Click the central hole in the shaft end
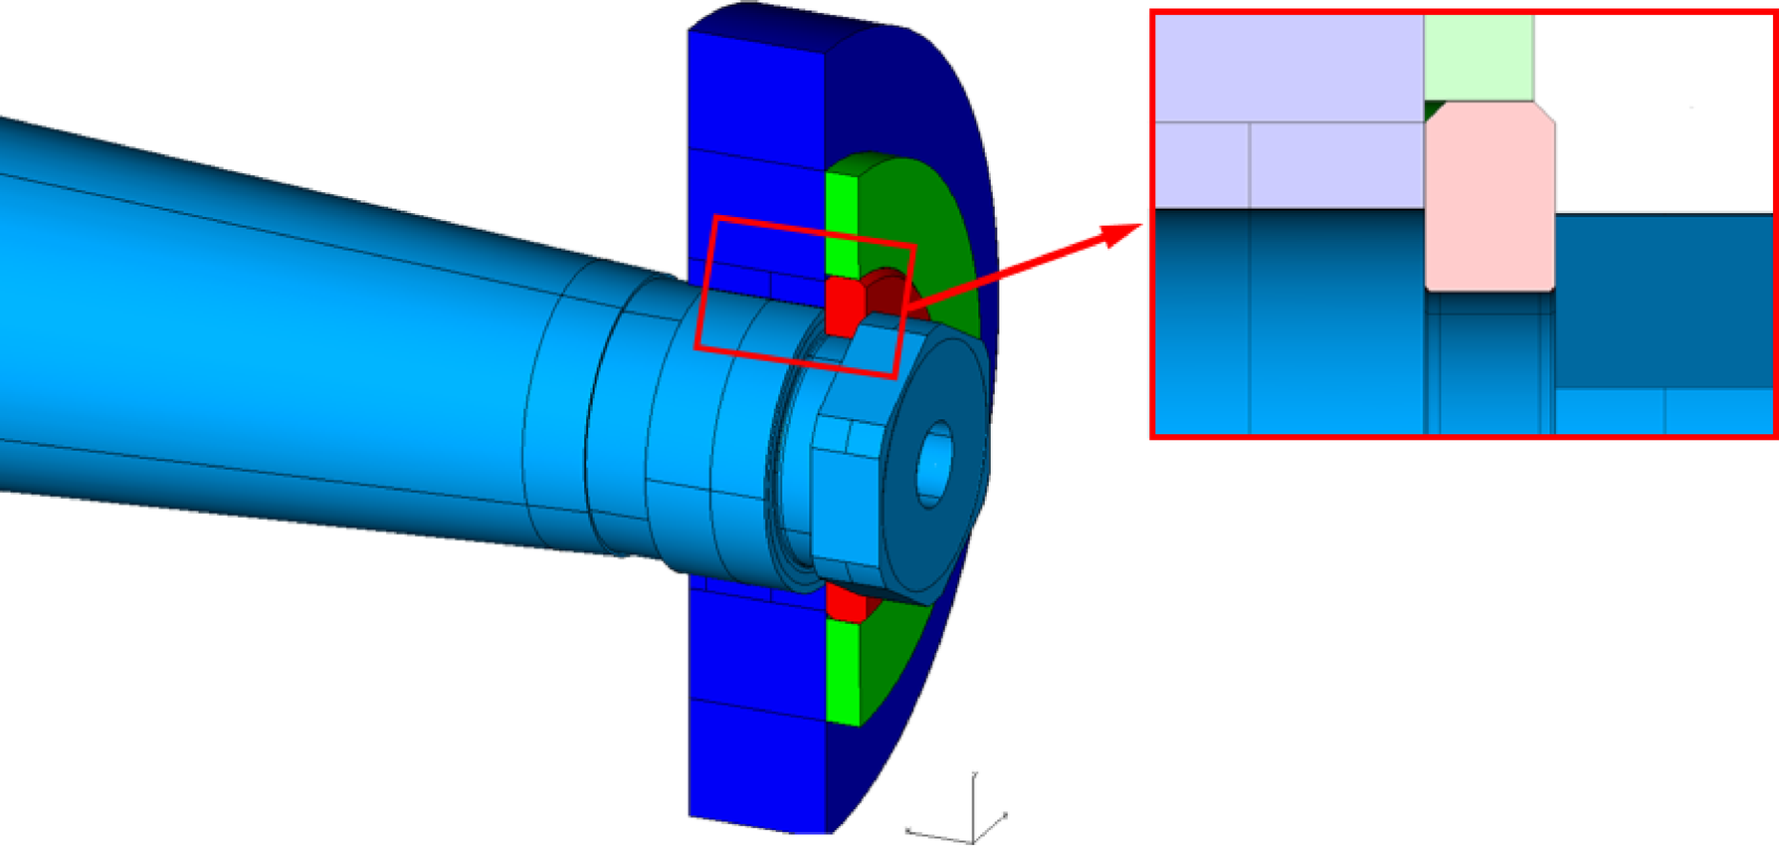pyautogui.click(x=934, y=464)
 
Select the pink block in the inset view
pyautogui.click(x=1488, y=199)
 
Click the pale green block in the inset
pyautogui.click(x=1478, y=58)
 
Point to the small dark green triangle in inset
pyautogui.click(x=1433, y=108)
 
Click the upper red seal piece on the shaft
pyautogui.click(x=842, y=305)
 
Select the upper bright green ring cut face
pyautogui.click(x=841, y=225)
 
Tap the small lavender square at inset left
pyautogui.click(x=1201, y=165)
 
